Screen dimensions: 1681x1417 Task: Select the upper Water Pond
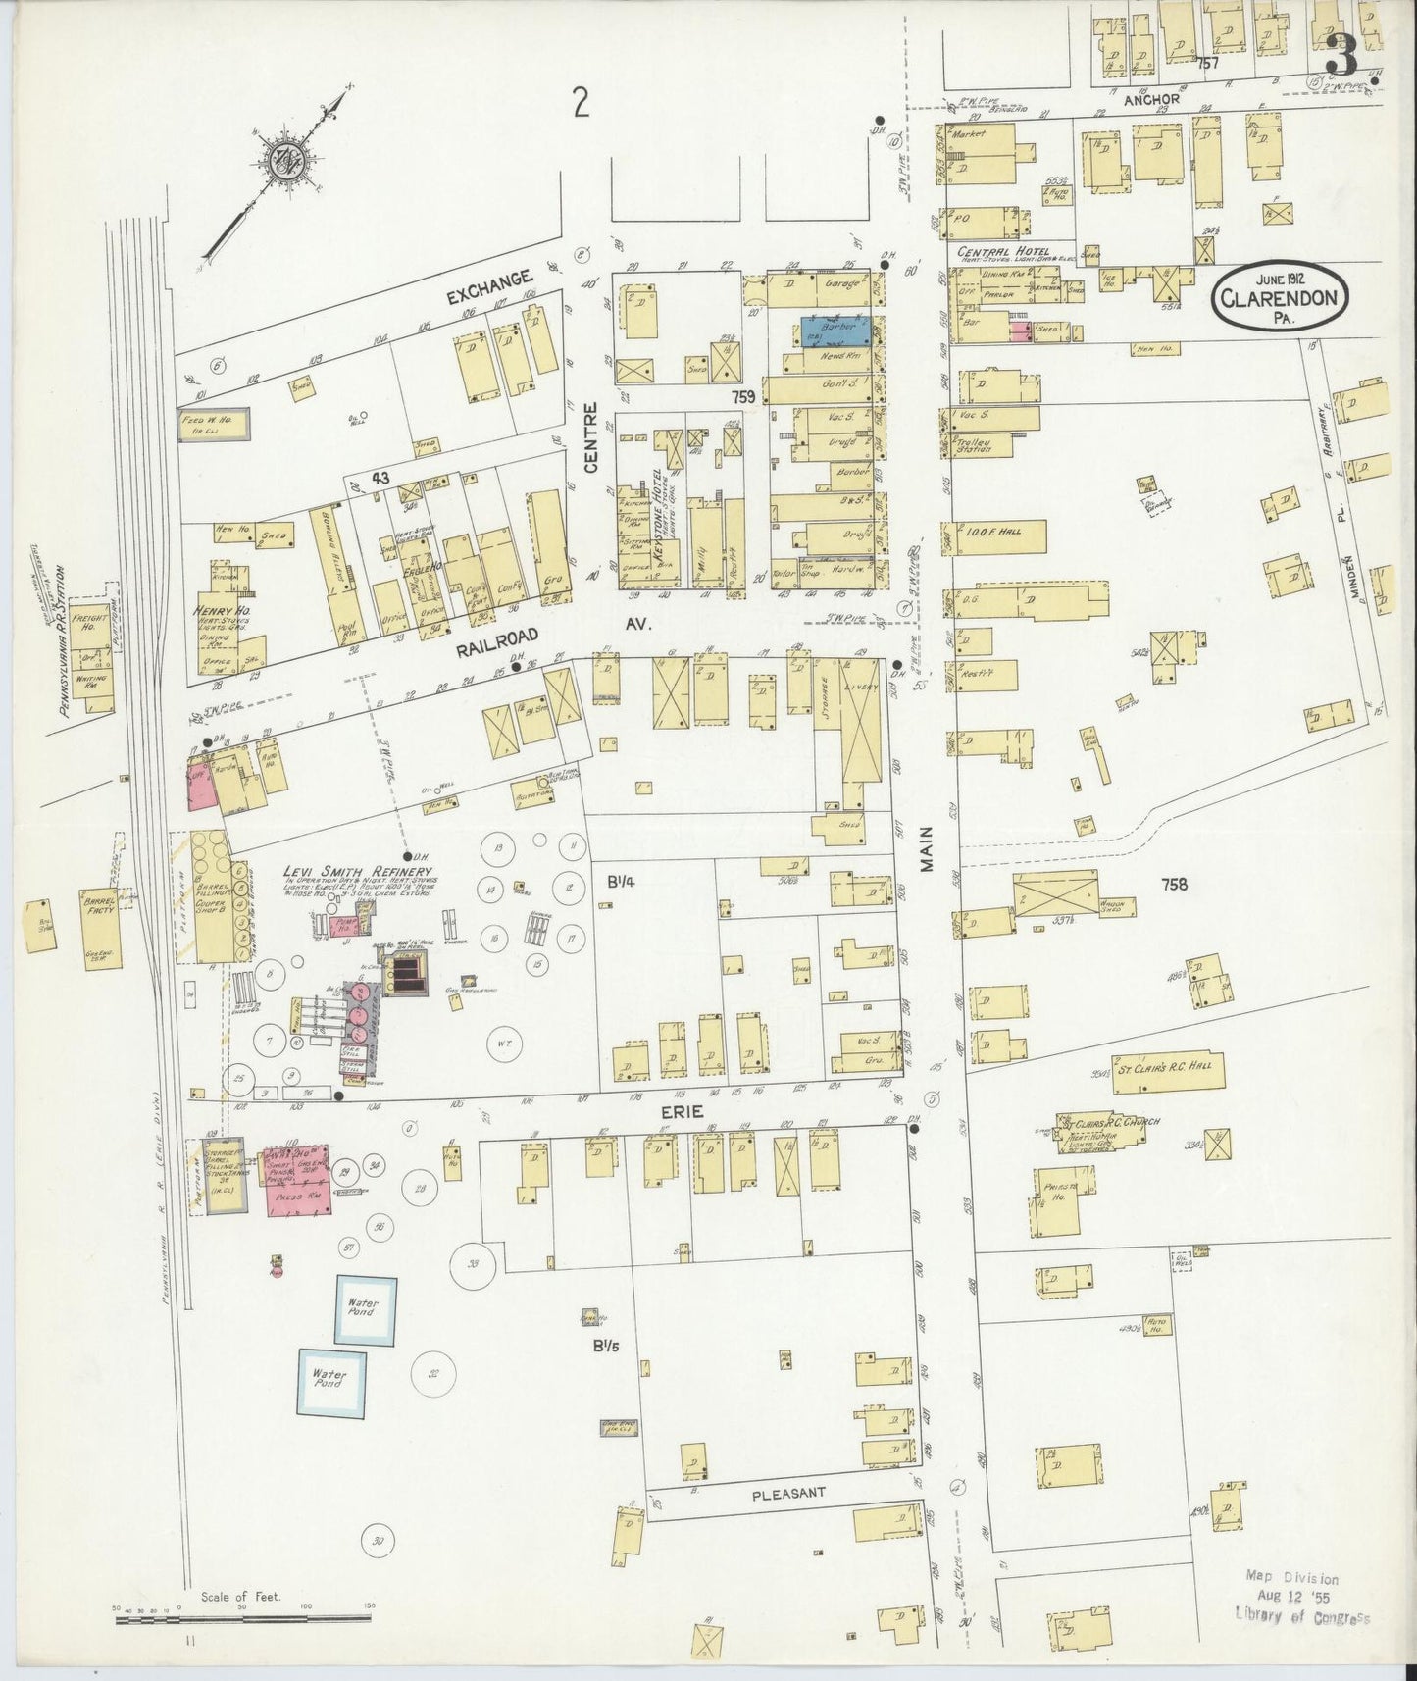(367, 1309)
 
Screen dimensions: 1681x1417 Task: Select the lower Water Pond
(331, 1381)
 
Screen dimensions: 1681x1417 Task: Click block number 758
(1173, 885)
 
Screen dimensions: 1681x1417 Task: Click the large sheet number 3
(1341, 57)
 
